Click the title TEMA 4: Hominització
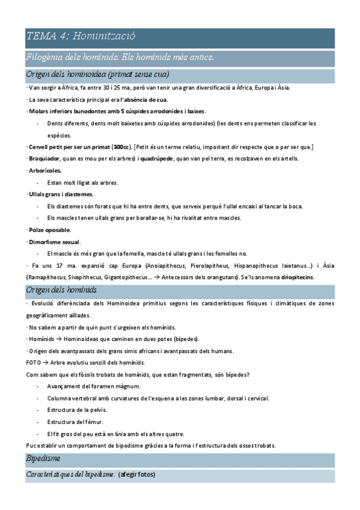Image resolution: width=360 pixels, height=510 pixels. [x=81, y=36]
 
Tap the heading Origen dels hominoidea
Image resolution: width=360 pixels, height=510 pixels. [x=97, y=75]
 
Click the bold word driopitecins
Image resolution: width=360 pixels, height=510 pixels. [x=293, y=277]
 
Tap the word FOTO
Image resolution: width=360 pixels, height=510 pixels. [x=34, y=363]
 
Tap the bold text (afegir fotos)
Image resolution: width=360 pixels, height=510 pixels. [x=136, y=475]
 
